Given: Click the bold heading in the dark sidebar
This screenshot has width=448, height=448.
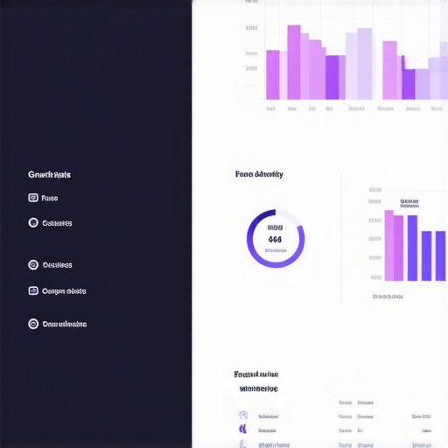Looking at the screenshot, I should [x=49, y=174].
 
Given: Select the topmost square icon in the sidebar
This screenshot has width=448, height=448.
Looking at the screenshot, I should [x=33, y=198].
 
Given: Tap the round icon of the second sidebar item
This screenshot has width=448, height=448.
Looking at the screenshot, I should [x=33, y=223].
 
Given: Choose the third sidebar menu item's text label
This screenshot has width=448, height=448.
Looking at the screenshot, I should [x=57, y=265].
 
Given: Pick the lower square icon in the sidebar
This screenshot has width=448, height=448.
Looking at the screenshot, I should [x=33, y=290].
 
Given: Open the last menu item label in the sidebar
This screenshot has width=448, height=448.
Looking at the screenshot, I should [x=64, y=324].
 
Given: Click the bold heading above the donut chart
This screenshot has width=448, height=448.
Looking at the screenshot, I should [x=259, y=174].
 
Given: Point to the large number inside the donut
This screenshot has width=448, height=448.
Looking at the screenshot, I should [x=275, y=239].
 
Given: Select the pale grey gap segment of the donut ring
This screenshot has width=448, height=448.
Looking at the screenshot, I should [x=292, y=217].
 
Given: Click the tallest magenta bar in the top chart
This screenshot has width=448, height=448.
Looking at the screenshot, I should [x=293, y=62].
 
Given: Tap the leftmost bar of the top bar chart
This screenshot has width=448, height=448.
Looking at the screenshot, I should [x=272, y=74].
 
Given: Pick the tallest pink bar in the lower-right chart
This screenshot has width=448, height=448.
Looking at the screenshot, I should [x=388, y=245].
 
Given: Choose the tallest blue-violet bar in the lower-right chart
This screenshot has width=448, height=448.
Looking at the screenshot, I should [x=412, y=247].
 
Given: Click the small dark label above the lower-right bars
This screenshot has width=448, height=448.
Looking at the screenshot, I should [x=409, y=202].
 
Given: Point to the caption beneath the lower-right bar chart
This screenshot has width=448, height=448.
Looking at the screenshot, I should [x=388, y=297].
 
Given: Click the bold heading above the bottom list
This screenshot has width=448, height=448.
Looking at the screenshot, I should [x=256, y=374].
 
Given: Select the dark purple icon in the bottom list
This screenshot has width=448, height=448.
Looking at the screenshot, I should [x=242, y=429].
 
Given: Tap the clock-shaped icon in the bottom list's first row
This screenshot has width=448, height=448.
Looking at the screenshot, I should [x=242, y=416].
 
